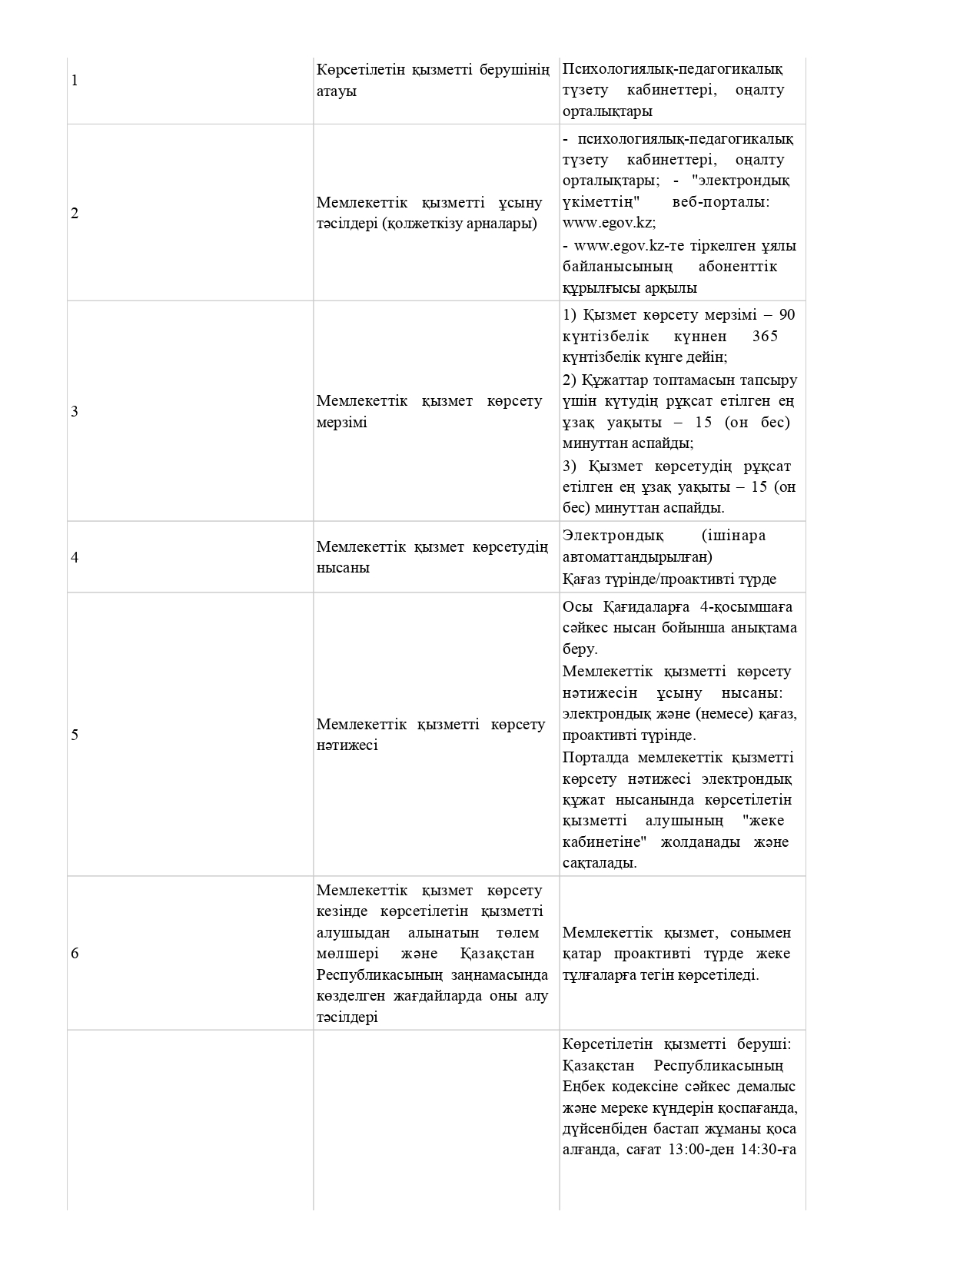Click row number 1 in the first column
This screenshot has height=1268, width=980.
[x=75, y=81]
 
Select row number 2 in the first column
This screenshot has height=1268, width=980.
[x=75, y=214]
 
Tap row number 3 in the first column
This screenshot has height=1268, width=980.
[x=75, y=412]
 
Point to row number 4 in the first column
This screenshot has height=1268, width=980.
[x=75, y=557]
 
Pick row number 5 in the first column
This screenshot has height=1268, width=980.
[x=75, y=735]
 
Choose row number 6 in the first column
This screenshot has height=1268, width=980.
[x=75, y=954]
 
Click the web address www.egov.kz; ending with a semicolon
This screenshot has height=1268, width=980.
[x=609, y=223]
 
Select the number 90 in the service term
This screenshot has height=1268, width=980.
[x=786, y=315]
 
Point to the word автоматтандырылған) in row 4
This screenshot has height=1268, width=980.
[x=637, y=556]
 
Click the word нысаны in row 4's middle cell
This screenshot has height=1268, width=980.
[x=343, y=568]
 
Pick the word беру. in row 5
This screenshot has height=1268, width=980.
[x=580, y=649]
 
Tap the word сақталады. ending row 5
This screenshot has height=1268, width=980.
[x=600, y=863]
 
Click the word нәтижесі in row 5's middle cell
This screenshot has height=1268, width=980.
[x=347, y=745]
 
